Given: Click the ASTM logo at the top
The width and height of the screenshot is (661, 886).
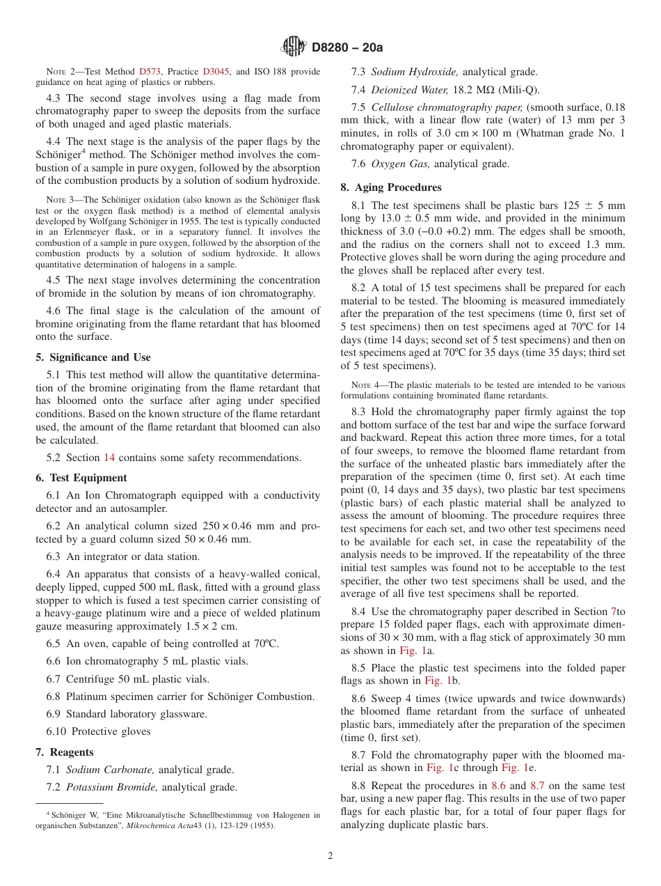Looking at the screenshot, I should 292,47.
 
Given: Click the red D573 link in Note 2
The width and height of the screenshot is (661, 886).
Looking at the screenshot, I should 150,72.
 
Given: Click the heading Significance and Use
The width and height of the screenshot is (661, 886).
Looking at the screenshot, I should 93,357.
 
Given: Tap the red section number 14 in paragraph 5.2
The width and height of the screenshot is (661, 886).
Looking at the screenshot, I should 109,458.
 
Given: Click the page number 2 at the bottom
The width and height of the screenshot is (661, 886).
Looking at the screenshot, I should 330,856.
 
